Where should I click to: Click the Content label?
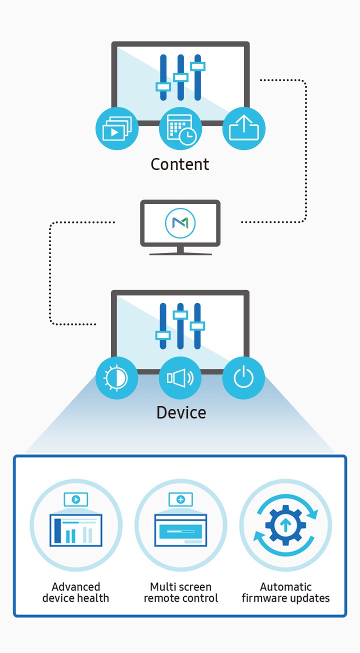point(180,164)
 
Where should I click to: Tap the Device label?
point(181,412)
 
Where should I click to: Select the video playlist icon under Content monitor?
point(116,128)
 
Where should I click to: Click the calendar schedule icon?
point(180,128)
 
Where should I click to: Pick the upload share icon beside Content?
point(243,128)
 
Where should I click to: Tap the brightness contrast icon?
point(116,377)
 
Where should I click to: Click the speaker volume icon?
point(180,377)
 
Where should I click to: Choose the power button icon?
point(243,377)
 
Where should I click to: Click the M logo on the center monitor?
point(180,223)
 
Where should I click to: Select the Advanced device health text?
point(75,592)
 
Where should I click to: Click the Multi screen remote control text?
point(181,592)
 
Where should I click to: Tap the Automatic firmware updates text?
point(285,592)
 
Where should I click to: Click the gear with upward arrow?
point(285,525)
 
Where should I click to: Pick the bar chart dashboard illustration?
point(76,530)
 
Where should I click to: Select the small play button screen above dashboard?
point(76,499)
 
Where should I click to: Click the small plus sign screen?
point(181,499)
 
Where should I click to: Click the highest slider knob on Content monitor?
point(198,66)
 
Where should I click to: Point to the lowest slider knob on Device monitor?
point(162,334)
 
